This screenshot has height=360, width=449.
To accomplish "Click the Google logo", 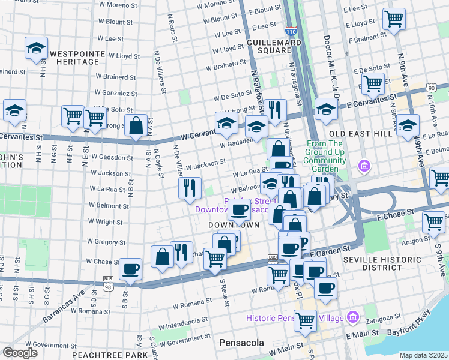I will point(20,353).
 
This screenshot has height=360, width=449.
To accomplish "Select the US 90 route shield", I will point(431,88).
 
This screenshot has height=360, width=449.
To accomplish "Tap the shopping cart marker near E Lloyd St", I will point(394,19).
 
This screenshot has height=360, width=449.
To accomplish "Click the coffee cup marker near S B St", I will point(130,269).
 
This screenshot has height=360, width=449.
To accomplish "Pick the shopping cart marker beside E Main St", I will point(305,320).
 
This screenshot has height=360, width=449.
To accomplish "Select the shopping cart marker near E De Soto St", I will point(373,83).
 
